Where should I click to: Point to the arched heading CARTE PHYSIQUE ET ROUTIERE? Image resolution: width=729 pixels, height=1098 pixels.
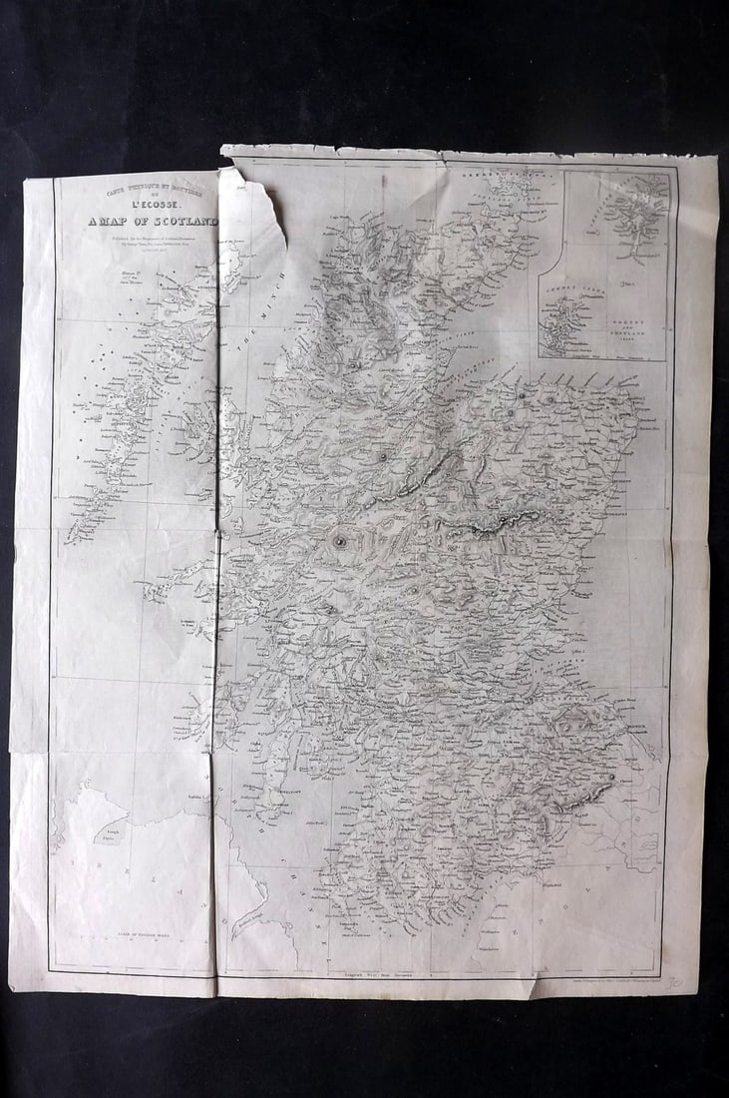click(150, 190)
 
